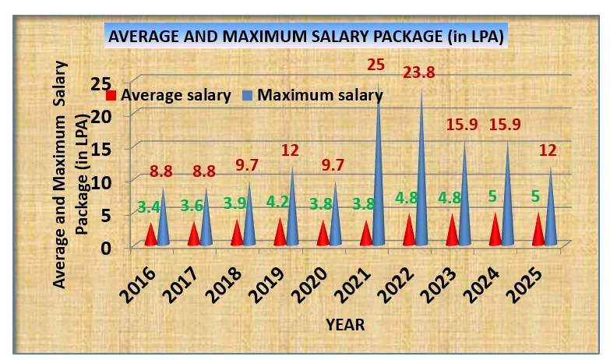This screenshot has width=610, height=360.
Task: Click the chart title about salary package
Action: coord(305,37)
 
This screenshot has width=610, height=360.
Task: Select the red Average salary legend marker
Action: coord(111,95)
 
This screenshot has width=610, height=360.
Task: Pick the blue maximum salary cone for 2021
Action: coord(379,171)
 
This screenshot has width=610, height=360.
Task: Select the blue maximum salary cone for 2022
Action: coord(422,175)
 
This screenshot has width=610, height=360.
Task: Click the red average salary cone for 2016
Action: coord(150,235)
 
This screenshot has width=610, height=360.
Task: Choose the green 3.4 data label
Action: coord(149,207)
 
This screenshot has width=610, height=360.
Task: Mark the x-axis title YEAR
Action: coord(345,323)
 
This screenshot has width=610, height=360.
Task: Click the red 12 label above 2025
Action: coord(548,150)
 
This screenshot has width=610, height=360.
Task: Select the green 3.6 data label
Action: coord(192,207)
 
